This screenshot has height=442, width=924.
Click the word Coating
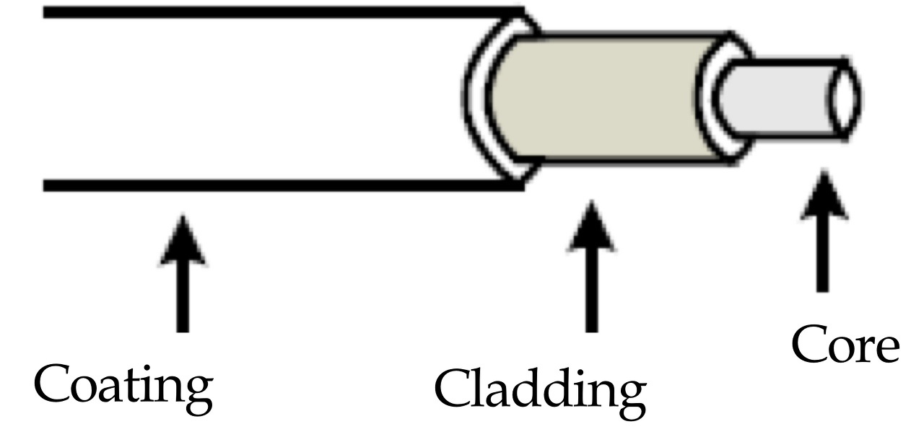123,386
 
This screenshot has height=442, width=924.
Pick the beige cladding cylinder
606,97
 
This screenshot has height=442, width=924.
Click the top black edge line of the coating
282,12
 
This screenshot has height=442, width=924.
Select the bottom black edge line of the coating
282,185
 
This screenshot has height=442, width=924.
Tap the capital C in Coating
53,386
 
